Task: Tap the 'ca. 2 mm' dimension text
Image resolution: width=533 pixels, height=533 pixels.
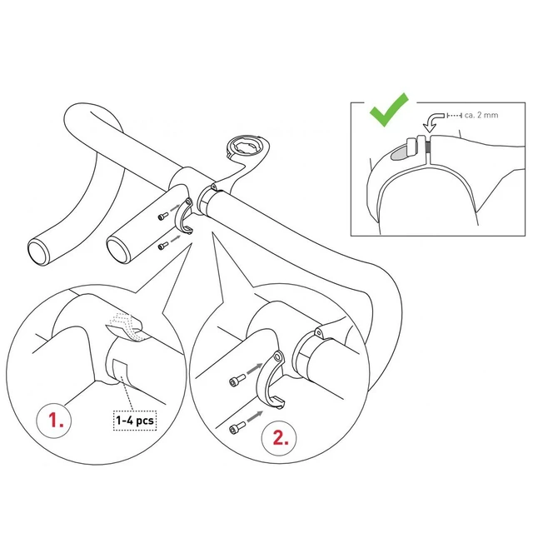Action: pos(481,115)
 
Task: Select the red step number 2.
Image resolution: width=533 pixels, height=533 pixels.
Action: pos(281,438)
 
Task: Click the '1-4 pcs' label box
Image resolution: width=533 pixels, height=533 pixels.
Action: pos(135,421)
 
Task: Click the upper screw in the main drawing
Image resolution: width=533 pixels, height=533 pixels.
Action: pos(163,216)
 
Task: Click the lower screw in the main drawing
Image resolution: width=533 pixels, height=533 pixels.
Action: pos(163,245)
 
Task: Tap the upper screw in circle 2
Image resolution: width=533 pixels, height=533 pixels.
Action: pos(237,380)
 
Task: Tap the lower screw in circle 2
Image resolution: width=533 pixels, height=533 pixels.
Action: pos(237,427)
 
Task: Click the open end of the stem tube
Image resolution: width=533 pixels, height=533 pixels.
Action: pos(119,250)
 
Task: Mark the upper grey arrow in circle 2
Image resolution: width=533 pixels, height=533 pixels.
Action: pos(254,370)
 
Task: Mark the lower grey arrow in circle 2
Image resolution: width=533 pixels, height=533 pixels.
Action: pos(255,416)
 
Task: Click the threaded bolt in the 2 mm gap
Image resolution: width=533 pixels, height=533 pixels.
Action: pos(428,147)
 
